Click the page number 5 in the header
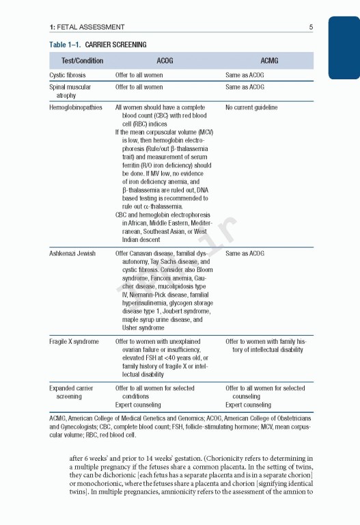(x=311, y=27)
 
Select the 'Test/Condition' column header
(x=82, y=61)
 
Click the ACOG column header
(x=165, y=61)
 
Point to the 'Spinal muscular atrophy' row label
(x=70, y=91)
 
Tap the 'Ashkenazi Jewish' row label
(x=72, y=254)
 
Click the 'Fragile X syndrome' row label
(x=74, y=342)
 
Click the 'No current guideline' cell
(x=251, y=107)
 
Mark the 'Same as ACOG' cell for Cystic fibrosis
(x=245, y=75)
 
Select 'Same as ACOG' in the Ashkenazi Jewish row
(x=245, y=254)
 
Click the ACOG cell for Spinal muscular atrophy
(x=139, y=87)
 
